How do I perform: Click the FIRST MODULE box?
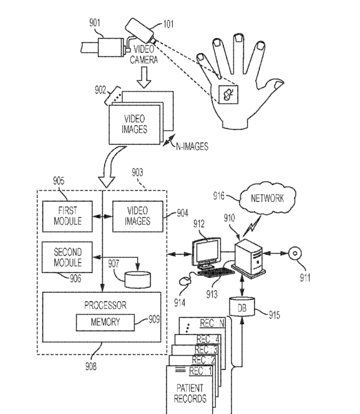tap(67, 217)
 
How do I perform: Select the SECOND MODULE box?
tap(67, 257)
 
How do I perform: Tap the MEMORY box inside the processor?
tap(105, 322)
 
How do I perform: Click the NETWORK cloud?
tap(268, 198)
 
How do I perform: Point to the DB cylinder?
tap(242, 307)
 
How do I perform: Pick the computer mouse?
tap(185, 281)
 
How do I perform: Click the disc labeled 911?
tap(295, 254)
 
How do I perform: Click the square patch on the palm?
tap(228, 95)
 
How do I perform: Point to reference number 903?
tap(137, 172)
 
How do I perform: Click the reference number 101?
tap(168, 24)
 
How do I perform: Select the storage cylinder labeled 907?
tap(138, 280)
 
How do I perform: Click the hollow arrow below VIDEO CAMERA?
tap(144, 77)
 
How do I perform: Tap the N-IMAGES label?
tap(192, 146)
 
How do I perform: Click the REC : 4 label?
tap(208, 339)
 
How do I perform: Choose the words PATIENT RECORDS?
tap(190, 393)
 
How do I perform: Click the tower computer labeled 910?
tap(249, 257)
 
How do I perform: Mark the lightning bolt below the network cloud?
tap(252, 226)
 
